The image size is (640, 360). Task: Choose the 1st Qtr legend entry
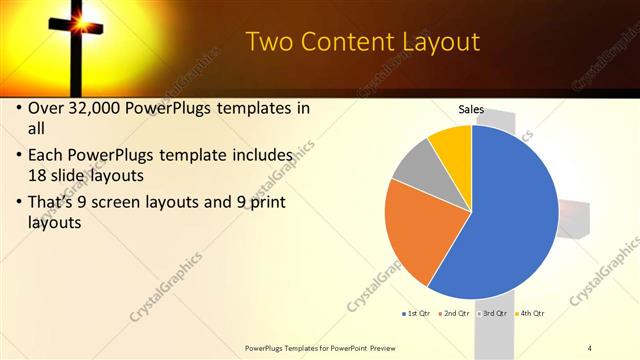tap(418, 313)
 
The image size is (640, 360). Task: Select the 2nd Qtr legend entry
tap(456, 313)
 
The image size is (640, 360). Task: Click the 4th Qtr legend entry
tap(531, 313)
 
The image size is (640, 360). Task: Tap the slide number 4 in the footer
tap(590, 347)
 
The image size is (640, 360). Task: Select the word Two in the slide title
tap(267, 42)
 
